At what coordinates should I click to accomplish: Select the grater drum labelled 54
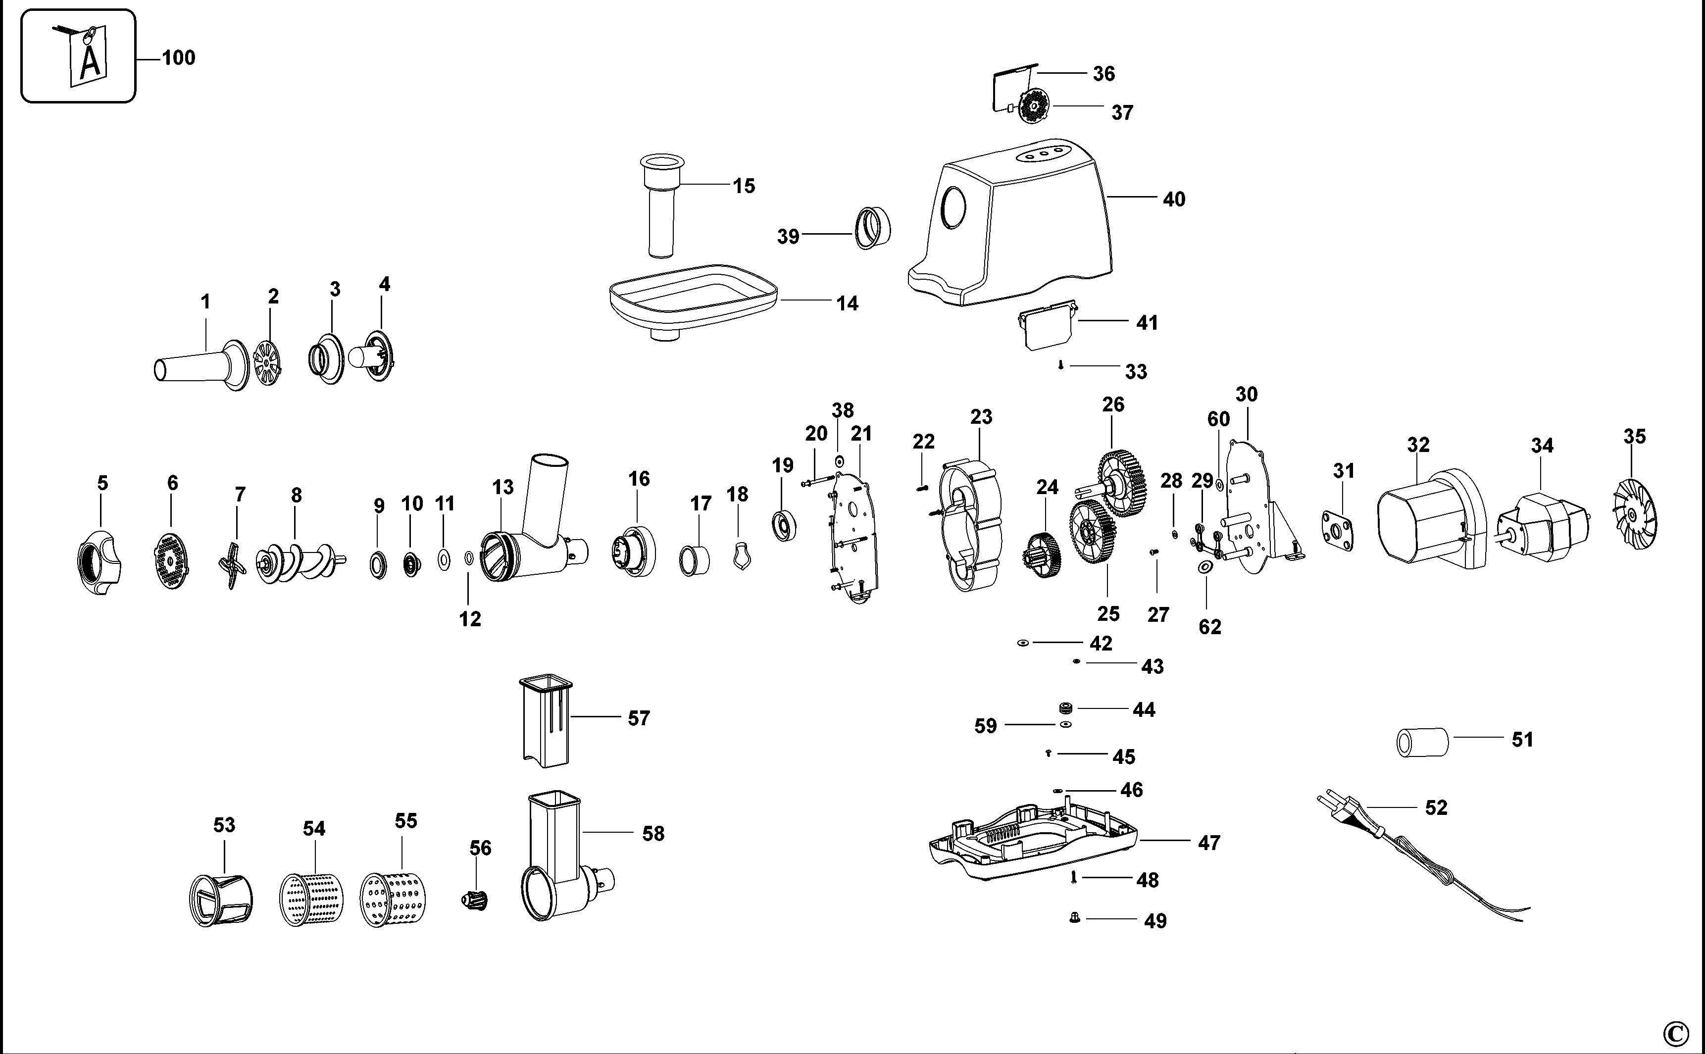[x=311, y=899]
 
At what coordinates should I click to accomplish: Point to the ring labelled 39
[x=873, y=227]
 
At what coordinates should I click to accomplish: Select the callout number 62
[x=1209, y=627]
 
